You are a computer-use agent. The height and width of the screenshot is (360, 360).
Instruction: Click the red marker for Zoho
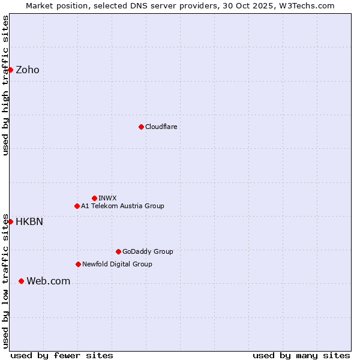coord(10,70)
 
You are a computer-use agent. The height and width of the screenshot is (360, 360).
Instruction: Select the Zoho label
coord(28,70)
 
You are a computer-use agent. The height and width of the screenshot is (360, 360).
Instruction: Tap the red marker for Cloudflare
coord(141,127)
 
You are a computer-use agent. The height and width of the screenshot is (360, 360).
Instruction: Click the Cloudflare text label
coord(161,127)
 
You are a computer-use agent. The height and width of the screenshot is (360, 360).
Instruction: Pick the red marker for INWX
coord(94,198)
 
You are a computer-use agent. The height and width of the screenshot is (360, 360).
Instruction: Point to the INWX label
coord(107,198)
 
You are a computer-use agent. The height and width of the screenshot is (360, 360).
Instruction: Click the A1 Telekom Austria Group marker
coord(77,206)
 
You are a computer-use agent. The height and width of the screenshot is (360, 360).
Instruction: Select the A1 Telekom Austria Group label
coord(122,206)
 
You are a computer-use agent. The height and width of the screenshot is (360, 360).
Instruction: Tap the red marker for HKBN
coord(10,221)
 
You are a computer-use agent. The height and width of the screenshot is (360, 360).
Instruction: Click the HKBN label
coord(29,222)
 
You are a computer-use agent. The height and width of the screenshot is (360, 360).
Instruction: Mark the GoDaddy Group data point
coord(118,251)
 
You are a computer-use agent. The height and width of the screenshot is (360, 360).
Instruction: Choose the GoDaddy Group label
coord(148,251)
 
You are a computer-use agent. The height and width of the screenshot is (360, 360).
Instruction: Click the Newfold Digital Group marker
coord(78,264)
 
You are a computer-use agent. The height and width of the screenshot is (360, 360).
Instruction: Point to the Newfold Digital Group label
coord(117,264)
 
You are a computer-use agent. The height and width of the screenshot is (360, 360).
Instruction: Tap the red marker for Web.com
coord(21,281)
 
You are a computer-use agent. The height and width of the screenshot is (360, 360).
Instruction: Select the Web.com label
coord(48,281)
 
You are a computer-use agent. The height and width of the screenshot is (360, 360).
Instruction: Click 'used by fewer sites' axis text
coord(62,355)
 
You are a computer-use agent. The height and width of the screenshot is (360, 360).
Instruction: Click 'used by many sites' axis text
coord(301,355)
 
